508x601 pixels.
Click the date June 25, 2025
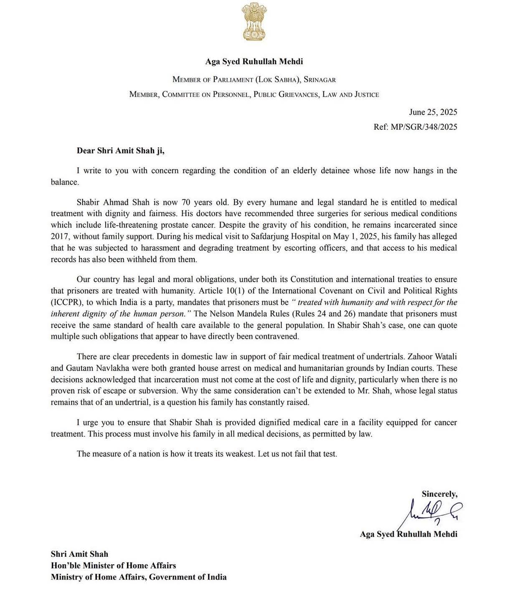point(433,112)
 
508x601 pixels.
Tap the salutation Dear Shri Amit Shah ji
point(120,151)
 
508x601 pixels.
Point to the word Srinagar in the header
point(320,79)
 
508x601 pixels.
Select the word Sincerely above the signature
point(439,494)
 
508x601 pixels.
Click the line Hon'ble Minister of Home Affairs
point(113,566)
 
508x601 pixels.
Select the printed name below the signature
point(408,534)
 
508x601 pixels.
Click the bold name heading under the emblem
point(254,61)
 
